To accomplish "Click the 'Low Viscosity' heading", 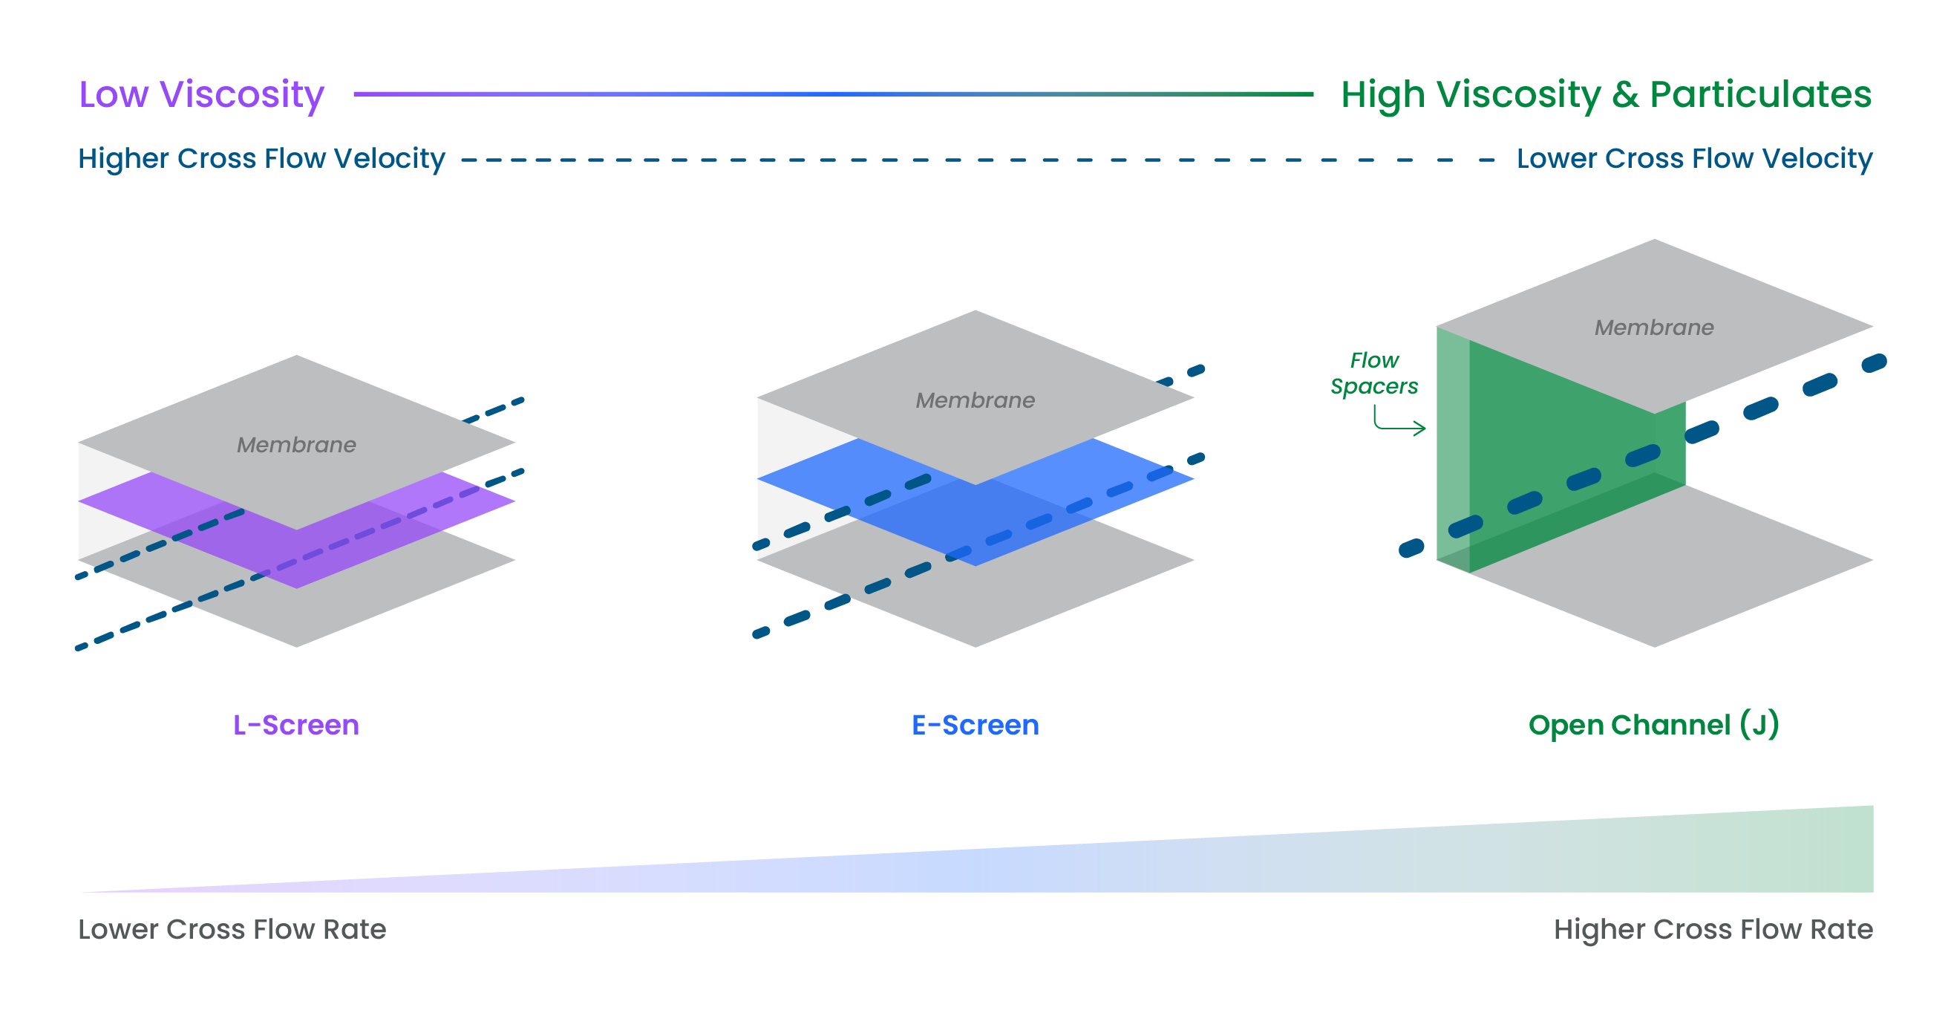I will point(201,96).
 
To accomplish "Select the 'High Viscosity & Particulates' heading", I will point(1606,96).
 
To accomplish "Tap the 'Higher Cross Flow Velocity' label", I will point(261,159).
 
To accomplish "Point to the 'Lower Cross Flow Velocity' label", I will point(1693,159).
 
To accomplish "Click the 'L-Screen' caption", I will point(295,725).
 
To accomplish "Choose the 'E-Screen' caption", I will point(975,725).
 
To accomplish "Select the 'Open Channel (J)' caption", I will point(1653,725).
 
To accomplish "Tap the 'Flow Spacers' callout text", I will point(1374,373).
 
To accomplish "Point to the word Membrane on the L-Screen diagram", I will point(296,445).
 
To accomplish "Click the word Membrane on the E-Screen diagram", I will point(975,400).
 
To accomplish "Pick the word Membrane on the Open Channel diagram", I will point(1653,328).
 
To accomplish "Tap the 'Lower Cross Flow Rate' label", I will point(232,929).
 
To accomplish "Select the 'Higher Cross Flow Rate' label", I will point(1713,929).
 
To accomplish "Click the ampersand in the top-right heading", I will point(1624,96).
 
